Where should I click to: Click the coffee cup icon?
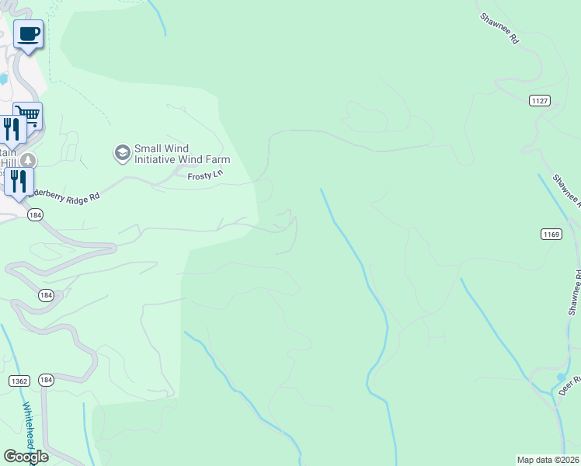[29, 34]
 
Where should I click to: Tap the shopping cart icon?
[28, 116]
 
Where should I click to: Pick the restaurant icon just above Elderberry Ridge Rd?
[19, 181]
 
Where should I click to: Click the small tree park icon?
[28, 161]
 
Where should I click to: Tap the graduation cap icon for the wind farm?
[122, 153]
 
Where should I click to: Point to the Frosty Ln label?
[205, 176]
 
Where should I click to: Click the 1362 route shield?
[19, 381]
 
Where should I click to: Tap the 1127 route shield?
[541, 100]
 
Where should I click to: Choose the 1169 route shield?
[551, 233]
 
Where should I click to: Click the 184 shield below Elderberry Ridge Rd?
[35, 215]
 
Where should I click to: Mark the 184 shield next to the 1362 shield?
[47, 381]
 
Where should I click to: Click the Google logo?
[26, 456]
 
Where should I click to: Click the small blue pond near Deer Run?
[562, 377]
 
